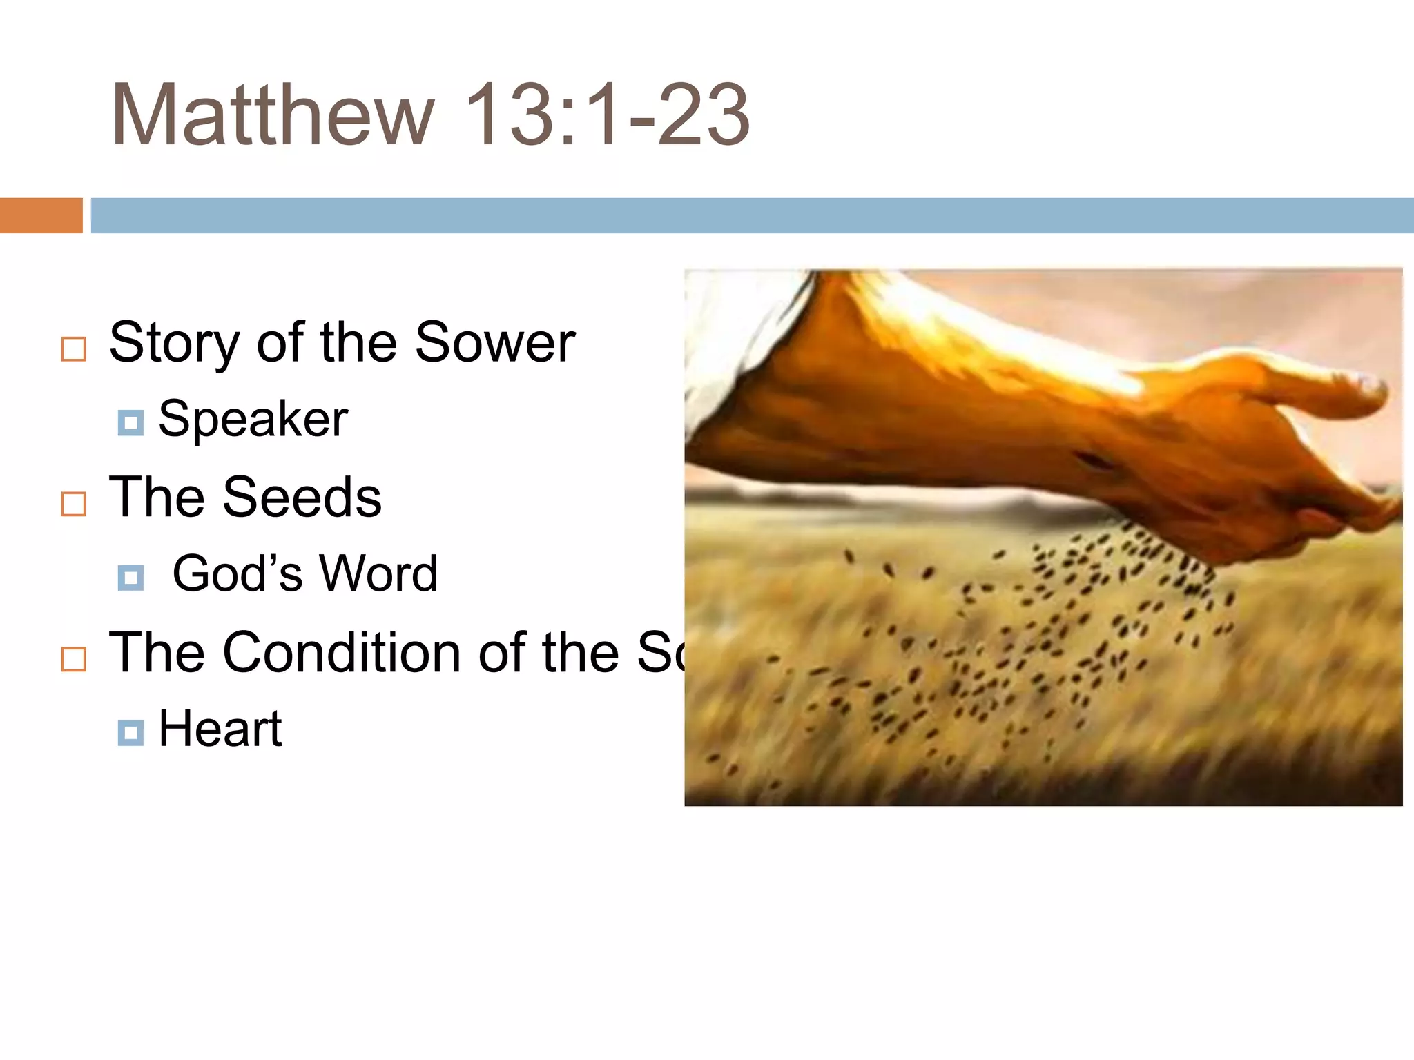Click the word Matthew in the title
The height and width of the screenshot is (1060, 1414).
pyautogui.click(x=273, y=115)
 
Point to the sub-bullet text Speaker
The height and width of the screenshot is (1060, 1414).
pyautogui.click(x=253, y=420)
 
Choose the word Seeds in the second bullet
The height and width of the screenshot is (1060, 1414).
pyautogui.click(x=302, y=497)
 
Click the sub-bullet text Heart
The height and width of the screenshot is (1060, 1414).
pyautogui.click(x=220, y=729)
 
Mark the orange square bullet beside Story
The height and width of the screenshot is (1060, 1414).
pyautogui.click(x=74, y=349)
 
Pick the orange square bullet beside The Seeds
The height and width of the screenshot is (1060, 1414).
pyautogui.click(x=74, y=504)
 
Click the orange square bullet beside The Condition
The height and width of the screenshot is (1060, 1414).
pyautogui.click(x=74, y=659)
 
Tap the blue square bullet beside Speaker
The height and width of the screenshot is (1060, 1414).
pyautogui.click(x=130, y=423)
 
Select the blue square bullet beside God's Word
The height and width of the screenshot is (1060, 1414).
pyautogui.click(x=130, y=578)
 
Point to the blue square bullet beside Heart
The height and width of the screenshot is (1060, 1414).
pyautogui.click(x=130, y=733)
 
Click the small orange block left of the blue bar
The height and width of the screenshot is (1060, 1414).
pyautogui.click(x=41, y=215)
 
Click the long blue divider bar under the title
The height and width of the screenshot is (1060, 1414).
pyautogui.click(x=753, y=215)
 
